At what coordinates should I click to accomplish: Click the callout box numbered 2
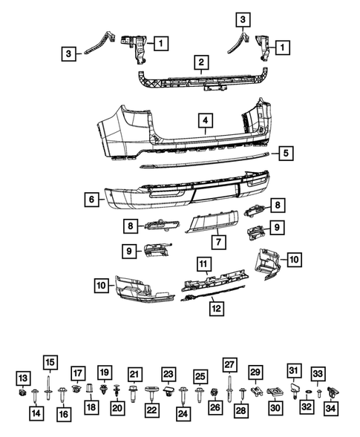(200, 62)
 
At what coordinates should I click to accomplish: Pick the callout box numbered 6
(91, 199)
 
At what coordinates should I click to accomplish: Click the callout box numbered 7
(218, 242)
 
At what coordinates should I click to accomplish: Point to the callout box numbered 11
(203, 263)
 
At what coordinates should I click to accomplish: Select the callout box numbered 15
(49, 363)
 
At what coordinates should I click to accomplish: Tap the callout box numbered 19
(105, 372)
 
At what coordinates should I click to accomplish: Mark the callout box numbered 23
(168, 375)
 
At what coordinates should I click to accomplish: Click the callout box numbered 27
(229, 364)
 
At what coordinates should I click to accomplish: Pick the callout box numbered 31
(293, 371)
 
